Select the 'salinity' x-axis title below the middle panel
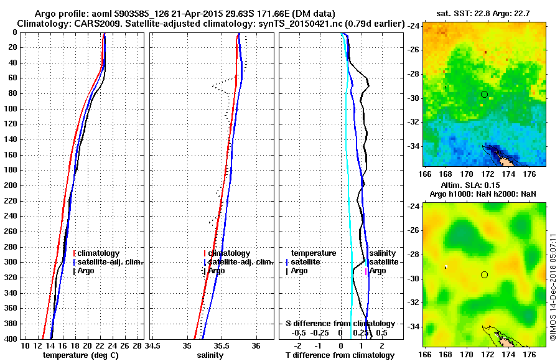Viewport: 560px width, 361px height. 212,355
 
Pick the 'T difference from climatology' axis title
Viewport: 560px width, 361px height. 340,355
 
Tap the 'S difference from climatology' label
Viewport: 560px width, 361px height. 340,324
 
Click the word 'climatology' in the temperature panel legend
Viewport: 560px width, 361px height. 99,253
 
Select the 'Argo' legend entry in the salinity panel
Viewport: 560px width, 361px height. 216,271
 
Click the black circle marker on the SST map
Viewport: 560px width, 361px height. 484,94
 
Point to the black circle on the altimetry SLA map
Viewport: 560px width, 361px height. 484,274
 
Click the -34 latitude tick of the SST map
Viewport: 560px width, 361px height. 413,146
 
